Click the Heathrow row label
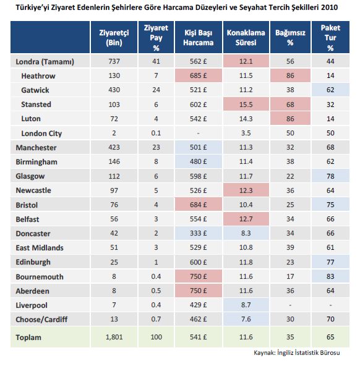(x=38, y=76)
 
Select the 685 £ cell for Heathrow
(x=198, y=75)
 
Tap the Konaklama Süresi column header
(x=246, y=38)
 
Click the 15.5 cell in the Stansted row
(x=246, y=104)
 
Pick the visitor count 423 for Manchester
(x=114, y=147)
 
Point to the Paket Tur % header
(x=330, y=38)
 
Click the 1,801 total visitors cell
(x=114, y=337)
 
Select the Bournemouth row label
(x=40, y=277)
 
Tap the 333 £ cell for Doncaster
(x=198, y=233)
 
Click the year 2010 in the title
(x=329, y=7)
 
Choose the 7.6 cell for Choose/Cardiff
(x=246, y=319)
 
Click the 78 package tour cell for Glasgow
(x=330, y=176)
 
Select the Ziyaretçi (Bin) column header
(x=114, y=38)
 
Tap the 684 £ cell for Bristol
(x=198, y=205)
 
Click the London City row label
(x=41, y=134)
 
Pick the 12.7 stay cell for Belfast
(x=246, y=219)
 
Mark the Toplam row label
(x=28, y=338)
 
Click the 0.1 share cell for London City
(x=156, y=133)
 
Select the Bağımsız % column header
(x=290, y=38)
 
